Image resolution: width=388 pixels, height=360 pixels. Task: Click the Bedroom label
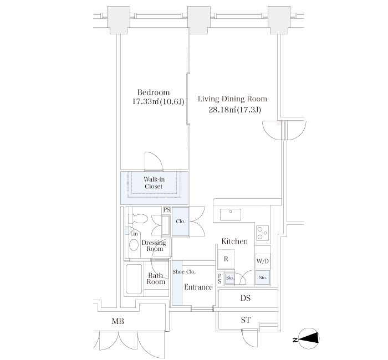click(154, 92)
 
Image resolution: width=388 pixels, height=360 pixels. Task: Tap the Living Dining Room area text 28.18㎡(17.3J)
click(234, 110)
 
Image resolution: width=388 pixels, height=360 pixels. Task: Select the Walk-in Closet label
click(154, 183)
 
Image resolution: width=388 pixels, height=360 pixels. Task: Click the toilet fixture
click(138, 219)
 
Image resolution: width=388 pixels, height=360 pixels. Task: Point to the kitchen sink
click(231, 215)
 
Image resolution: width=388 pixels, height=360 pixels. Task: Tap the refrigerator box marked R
click(226, 259)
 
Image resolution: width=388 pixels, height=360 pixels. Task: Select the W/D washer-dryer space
click(263, 261)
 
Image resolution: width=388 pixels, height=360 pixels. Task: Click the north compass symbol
click(309, 339)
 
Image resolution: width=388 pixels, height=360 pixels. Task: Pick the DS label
click(246, 298)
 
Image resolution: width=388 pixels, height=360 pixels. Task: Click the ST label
click(246, 320)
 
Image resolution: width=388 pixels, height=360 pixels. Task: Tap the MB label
click(118, 321)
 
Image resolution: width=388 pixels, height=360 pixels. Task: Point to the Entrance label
click(198, 287)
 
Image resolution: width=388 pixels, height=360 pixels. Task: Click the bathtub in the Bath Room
click(134, 279)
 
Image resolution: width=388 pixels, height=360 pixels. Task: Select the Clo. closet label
click(181, 222)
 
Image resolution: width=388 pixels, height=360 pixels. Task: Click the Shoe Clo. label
click(184, 272)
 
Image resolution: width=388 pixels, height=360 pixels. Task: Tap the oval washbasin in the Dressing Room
click(134, 245)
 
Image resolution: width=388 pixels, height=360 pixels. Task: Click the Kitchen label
click(234, 241)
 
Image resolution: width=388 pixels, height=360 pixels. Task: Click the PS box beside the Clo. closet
click(167, 210)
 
